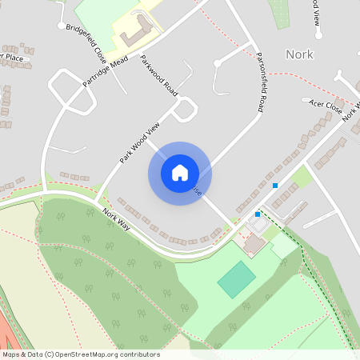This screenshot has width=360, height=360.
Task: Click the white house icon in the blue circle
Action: pos(180,173)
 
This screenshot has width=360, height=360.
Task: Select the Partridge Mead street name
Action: pos(106,73)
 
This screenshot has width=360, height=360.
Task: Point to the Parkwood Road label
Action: pos(158,77)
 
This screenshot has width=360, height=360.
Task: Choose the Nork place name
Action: pos(299,54)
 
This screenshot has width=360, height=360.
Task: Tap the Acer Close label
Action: pos(326,103)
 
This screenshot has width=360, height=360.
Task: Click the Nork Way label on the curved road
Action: pos(116,216)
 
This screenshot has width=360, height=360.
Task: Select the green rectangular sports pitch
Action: pos(237,279)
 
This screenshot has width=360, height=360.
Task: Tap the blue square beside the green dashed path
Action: pos(258,214)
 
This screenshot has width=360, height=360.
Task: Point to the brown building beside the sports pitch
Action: pos(254,244)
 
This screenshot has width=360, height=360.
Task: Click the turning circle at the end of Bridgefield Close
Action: pos(62,26)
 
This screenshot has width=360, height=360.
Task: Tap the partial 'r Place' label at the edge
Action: pos(12,57)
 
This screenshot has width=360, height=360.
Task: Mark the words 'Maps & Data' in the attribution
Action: pos(22,354)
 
